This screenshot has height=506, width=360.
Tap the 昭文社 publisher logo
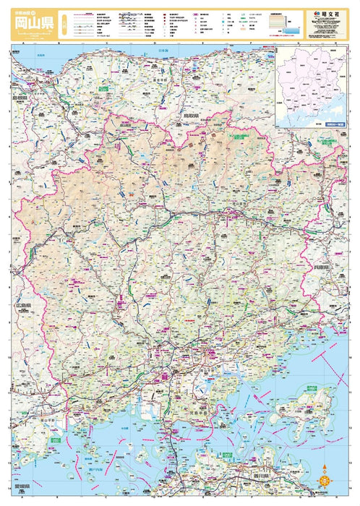[327, 13]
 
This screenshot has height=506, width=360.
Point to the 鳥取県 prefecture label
[191, 115]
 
